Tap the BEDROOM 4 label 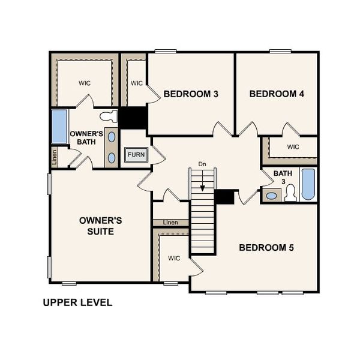[x=273, y=94]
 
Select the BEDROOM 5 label [x=266, y=247]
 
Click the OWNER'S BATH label [x=86, y=137]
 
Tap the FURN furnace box [x=136, y=155]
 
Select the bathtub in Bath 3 [x=308, y=184]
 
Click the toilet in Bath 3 [x=290, y=193]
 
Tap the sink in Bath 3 [x=272, y=195]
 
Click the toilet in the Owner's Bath [x=109, y=116]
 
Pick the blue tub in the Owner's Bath [x=59, y=126]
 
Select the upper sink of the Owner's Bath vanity [x=112, y=137]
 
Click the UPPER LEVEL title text [x=77, y=302]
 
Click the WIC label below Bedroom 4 [x=293, y=147]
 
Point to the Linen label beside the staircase [x=170, y=223]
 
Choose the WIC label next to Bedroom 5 [x=174, y=259]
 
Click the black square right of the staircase [x=224, y=197]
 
